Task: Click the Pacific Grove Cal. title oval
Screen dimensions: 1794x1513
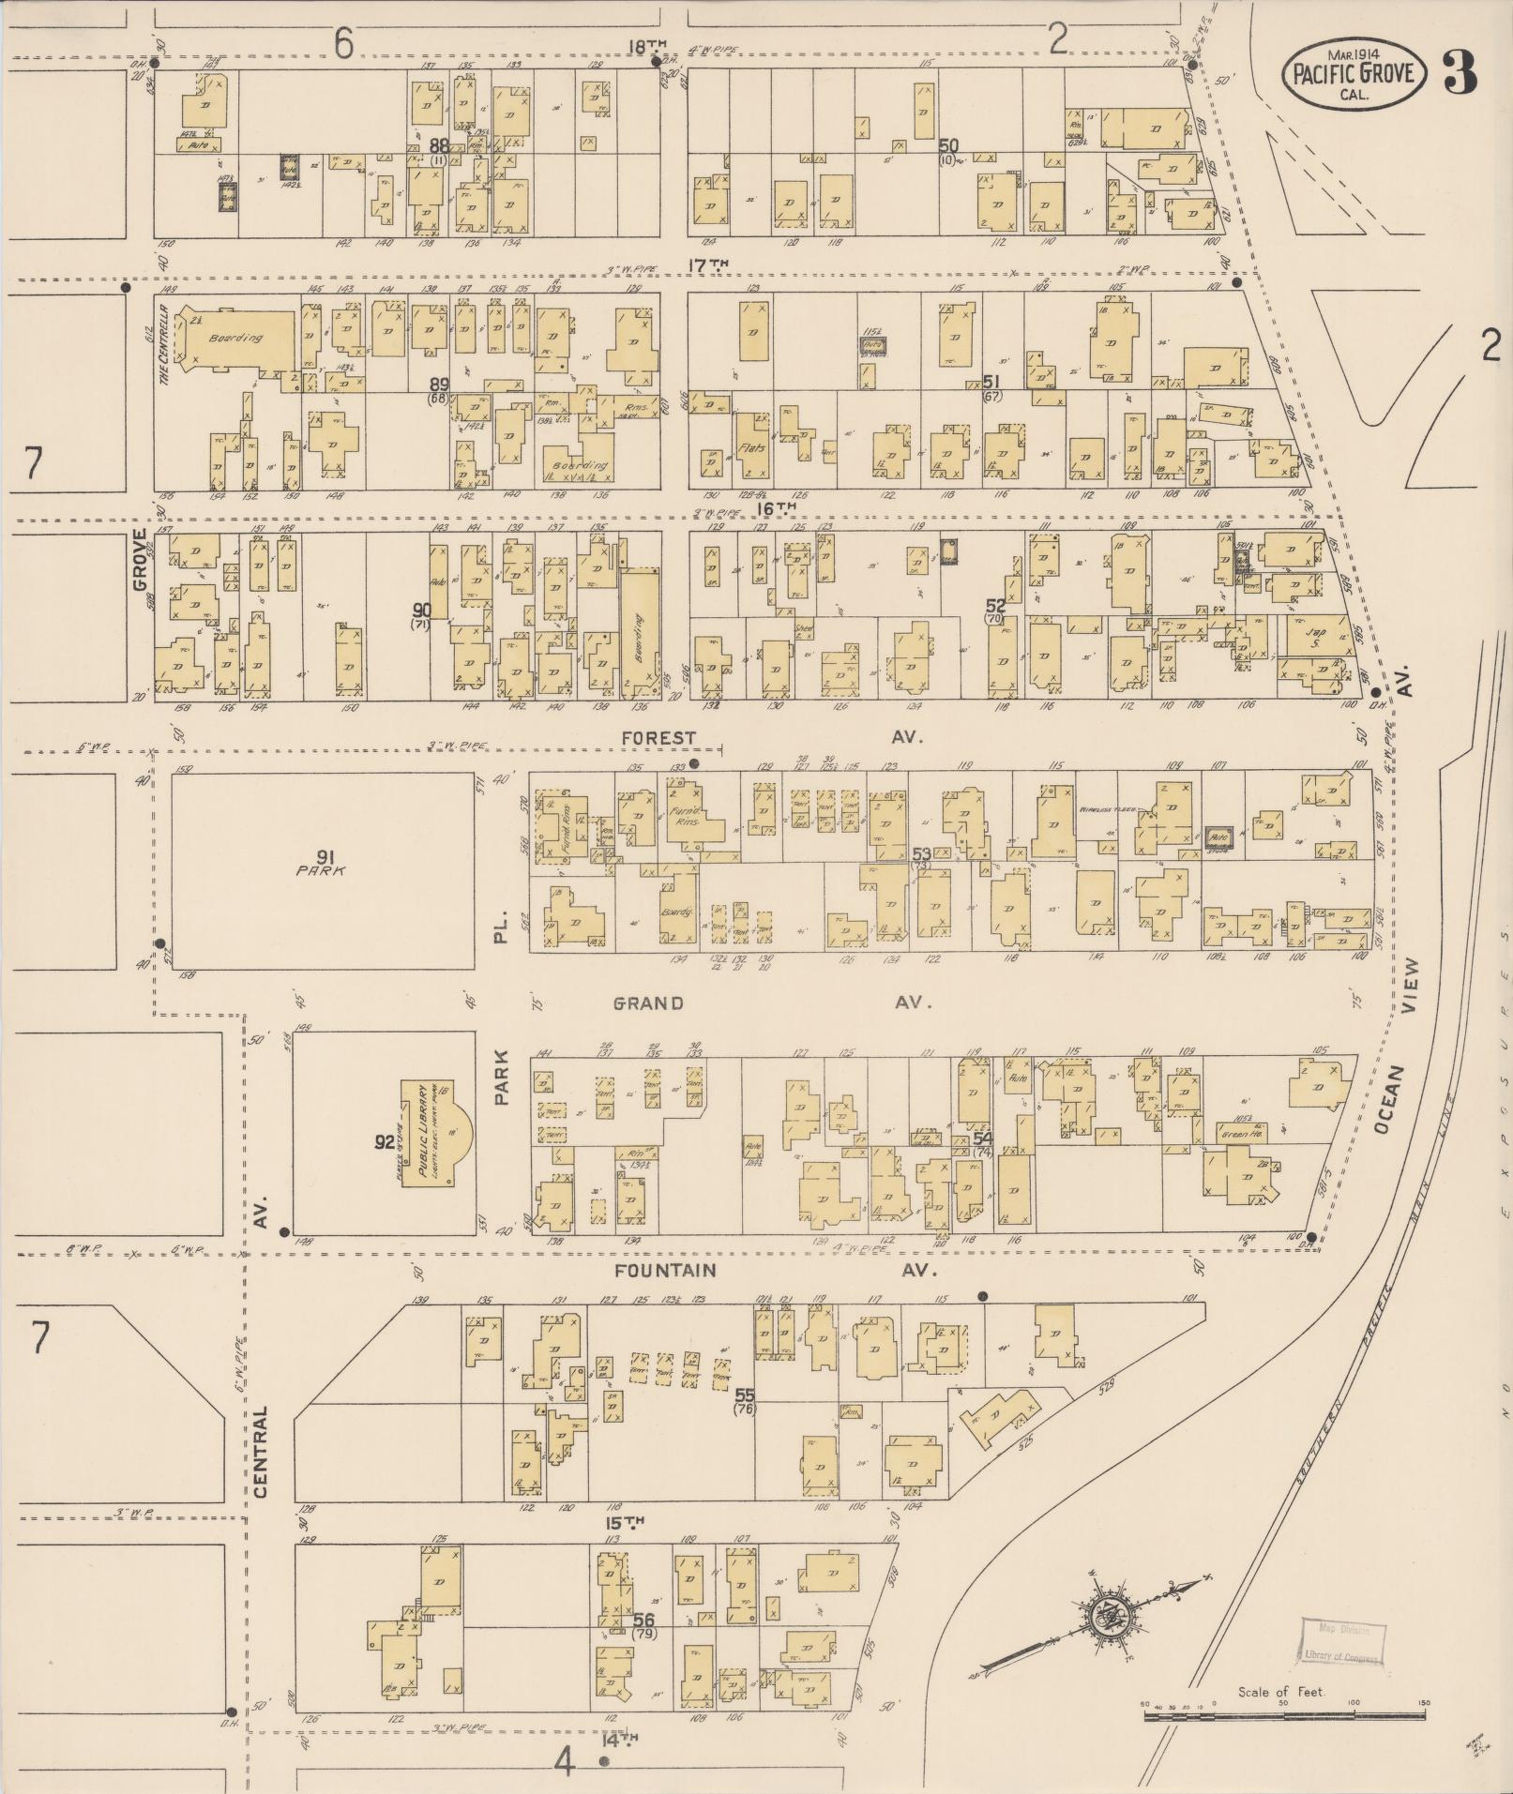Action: (x=1353, y=73)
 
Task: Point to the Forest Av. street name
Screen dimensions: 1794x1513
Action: (x=659, y=738)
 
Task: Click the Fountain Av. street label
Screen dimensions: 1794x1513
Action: (x=665, y=1271)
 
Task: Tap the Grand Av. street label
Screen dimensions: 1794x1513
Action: (x=648, y=1003)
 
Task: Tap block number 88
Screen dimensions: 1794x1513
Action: (x=439, y=145)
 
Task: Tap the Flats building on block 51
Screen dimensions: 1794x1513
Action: (x=750, y=447)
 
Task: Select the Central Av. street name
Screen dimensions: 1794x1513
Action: (x=261, y=1449)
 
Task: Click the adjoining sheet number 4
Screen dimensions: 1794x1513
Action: (x=563, y=1763)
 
